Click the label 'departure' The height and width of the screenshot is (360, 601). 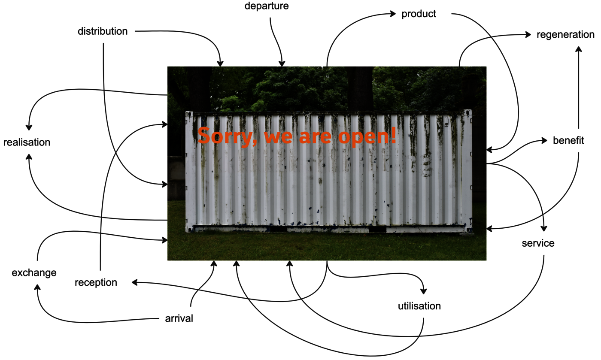(x=267, y=6)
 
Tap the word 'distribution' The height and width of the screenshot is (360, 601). (x=103, y=31)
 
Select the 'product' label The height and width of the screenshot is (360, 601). (x=419, y=14)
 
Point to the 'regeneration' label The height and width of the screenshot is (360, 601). (x=565, y=35)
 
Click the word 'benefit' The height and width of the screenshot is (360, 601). (x=568, y=140)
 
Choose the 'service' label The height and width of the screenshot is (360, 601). (x=538, y=243)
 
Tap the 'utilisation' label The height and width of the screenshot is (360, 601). (x=419, y=306)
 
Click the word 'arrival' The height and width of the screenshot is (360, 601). (x=179, y=318)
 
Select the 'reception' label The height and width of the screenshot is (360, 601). (x=96, y=283)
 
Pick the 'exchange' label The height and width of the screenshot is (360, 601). (x=34, y=273)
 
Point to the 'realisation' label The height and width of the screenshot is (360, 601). (x=27, y=142)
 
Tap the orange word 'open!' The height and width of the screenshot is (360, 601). (x=367, y=136)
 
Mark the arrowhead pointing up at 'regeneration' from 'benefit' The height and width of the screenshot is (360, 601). (x=579, y=49)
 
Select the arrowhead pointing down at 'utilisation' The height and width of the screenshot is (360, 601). (x=424, y=291)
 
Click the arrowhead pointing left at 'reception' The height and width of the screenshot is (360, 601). (x=135, y=282)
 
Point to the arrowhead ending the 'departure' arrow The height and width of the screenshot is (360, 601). (x=282, y=64)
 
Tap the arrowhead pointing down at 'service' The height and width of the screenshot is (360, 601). (x=544, y=228)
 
